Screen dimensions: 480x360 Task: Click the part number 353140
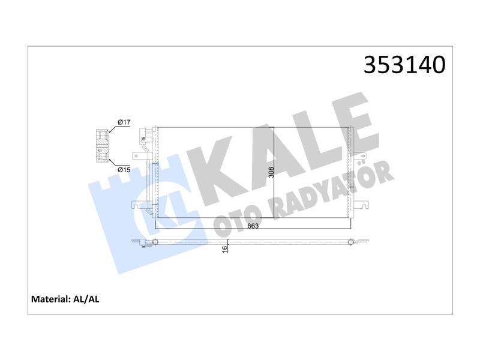tap(404, 65)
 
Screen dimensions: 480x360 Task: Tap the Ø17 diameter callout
tap(124, 122)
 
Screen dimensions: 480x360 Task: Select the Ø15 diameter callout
tap(124, 170)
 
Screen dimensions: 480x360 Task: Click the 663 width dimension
tap(253, 226)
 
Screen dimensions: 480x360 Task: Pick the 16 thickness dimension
tap(226, 249)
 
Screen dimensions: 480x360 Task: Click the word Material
tap(51, 299)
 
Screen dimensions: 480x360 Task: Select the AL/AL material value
tap(86, 299)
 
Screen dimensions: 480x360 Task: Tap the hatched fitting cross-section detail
tap(102, 146)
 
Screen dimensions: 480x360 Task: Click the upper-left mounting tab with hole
tap(139, 156)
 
